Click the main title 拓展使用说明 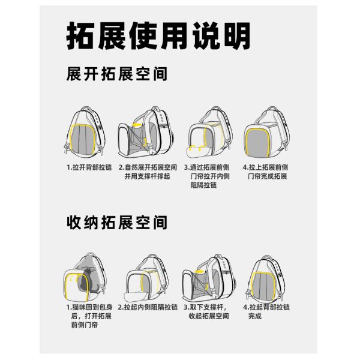(158, 35)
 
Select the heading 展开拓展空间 (117, 74)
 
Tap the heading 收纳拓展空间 (117, 222)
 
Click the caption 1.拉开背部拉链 (89, 167)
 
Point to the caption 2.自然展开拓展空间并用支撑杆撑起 (148, 172)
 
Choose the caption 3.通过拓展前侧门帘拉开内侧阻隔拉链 (207, 176)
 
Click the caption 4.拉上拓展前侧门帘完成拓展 (266, 172)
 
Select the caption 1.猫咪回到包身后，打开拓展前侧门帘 (89, 316)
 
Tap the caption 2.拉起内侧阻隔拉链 (148, 307)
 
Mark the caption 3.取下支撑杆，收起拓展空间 (206, 311)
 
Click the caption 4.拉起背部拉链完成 (266, 311)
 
